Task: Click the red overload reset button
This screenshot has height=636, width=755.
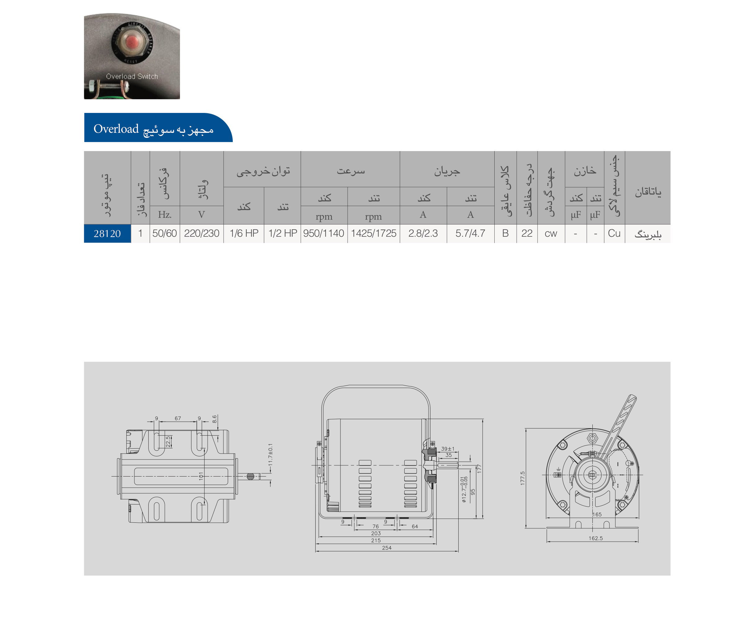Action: pos(133,42)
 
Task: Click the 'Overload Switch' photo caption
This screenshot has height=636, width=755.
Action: pos(132,76)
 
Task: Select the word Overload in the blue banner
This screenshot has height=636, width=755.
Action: pos(116,129)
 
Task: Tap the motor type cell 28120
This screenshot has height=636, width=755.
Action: pos(107,234)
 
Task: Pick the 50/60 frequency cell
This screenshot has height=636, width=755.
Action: pos(164,233)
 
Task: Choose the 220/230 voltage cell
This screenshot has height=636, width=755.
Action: pos(201,233)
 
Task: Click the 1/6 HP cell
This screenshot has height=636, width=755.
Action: pos(244,233)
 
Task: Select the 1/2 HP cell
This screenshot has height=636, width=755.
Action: pos(283,233)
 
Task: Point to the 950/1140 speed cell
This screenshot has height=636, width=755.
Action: pos(323,233)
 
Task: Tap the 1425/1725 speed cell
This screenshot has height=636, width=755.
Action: pos(374,233)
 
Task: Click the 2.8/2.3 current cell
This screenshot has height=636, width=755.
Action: pos(423,233)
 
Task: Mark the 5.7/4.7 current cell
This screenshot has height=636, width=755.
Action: pos(470,233)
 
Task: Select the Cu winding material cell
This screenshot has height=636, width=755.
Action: pos(614,233)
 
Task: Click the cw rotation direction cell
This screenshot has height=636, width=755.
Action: pos(551,234)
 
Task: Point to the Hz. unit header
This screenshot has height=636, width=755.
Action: pos(164,215)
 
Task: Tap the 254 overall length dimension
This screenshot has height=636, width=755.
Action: pos(387,548)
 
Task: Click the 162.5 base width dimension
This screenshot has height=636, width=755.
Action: pos(595,538)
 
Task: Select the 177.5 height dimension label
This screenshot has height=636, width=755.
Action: pos(523,478)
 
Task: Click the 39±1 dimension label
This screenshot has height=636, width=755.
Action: pos(448,449)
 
